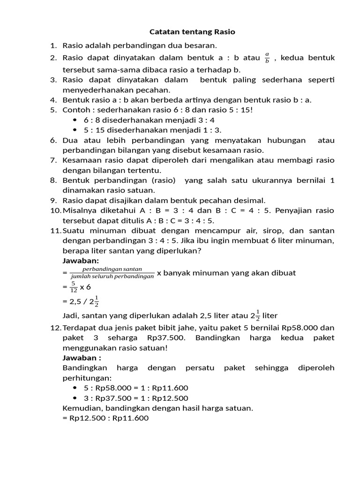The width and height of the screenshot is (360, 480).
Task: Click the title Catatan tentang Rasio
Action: coord(192,32)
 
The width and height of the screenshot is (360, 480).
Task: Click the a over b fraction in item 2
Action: coord(267,58)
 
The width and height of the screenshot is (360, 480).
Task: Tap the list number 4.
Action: coord(53,99)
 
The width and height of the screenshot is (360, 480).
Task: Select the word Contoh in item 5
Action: coord(75,110)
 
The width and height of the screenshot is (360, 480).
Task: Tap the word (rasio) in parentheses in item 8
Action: coord(162,180)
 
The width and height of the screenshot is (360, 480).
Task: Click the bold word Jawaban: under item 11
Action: coord(80,261)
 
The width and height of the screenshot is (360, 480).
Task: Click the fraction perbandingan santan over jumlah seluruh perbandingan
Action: coord(112,273)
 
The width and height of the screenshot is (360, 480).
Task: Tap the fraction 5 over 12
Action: coord(74,286)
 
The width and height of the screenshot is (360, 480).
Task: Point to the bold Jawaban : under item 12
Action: coord(82,358)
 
